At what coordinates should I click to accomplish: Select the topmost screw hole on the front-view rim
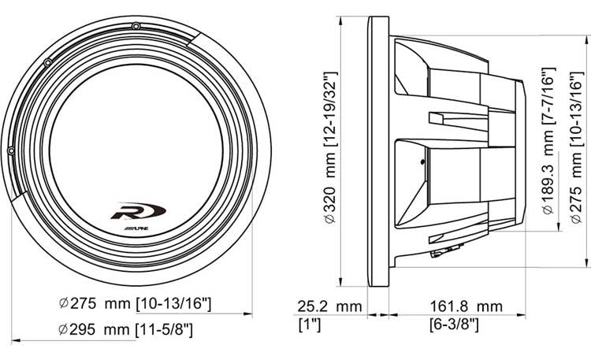(x=137, y=28)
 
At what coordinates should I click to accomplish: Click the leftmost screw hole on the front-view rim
(x=11, y=150)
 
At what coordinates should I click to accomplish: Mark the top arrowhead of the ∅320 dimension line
(x=340, y=20)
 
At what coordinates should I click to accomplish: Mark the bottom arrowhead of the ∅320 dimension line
(x=340, y=288)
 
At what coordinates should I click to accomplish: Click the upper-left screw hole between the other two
(x=48, y=61)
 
